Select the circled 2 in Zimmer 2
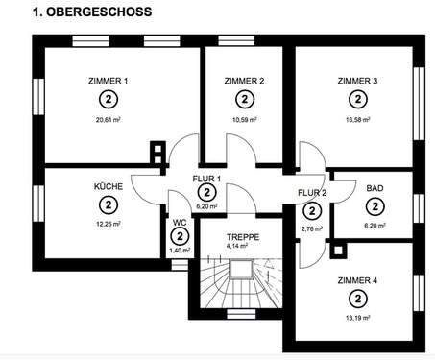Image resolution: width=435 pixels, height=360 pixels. click(x=243, y=99)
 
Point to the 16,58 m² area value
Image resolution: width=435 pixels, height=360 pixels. click(x=357, y=121)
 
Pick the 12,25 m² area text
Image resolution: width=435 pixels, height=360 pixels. click(x=107, y=224)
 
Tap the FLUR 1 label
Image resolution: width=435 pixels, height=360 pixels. click(x=207, y=180)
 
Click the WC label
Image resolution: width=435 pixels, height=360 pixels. click(x=180, y=223)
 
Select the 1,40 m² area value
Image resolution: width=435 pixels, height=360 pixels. click(x=180, y=250)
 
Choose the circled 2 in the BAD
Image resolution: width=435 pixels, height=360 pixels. click(x=375, y=205)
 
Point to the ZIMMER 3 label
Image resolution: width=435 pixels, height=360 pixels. click(x=357, y=81)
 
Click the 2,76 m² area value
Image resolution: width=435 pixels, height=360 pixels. click(x=312, y=229)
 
